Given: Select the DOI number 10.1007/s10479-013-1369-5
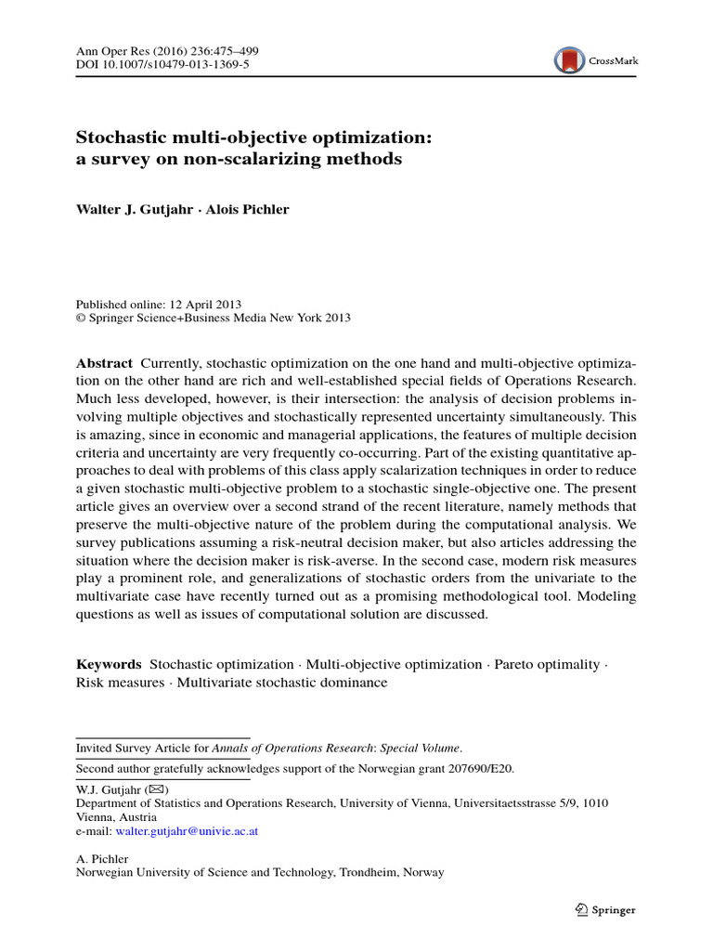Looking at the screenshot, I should coord(175,65).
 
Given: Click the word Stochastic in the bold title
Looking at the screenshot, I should coord(120,137).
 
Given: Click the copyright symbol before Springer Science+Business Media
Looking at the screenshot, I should coord(80,318).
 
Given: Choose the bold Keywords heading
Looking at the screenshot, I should coord(109,664).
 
